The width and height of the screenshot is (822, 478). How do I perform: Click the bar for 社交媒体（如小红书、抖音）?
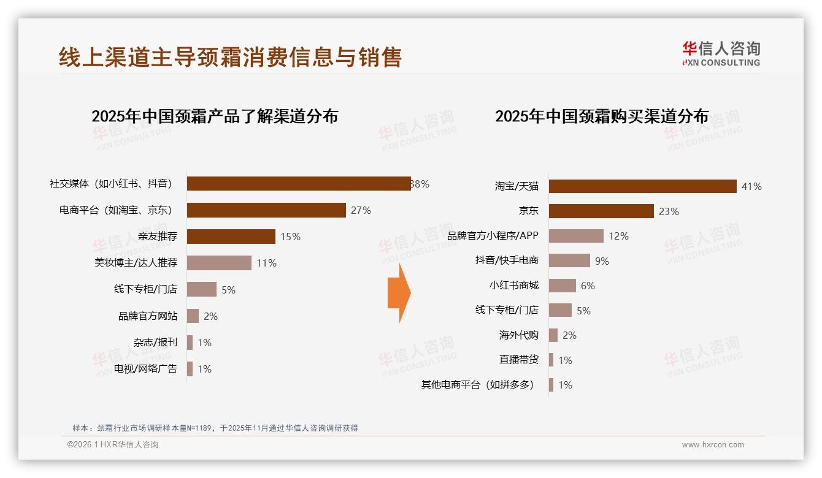(x=299, y=183)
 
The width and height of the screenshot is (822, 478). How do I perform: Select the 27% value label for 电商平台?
(x=361, y=210)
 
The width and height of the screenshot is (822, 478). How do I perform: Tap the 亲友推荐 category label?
(x=158, y=237)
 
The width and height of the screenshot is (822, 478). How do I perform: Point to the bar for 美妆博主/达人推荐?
(x=219, y=263)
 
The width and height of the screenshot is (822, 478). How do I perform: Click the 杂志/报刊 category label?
(x=155, y=342)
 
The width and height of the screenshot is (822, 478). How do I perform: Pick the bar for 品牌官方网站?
(x=193, y=316)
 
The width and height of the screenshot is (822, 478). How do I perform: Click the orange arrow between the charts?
(x=399, y=293)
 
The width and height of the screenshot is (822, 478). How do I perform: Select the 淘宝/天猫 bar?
(x=642, y=186)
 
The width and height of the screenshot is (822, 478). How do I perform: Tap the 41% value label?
(x=751, y=186)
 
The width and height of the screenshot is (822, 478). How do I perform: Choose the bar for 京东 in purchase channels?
(x=601, y=211)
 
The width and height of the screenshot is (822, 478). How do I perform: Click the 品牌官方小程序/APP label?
(x=493, y=236)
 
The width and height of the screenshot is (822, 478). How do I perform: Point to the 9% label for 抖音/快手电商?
(x=602, y=261)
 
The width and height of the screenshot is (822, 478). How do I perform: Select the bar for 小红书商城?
(x=563, y=286)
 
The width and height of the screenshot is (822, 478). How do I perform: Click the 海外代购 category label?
(x=518, y=335)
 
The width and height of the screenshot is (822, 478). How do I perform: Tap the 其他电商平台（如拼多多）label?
(x=477, y=385)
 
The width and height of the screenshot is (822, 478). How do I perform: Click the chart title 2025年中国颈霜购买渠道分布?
(x=602, y=116)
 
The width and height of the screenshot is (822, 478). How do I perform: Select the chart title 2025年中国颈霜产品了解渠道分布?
(x=215, y=116)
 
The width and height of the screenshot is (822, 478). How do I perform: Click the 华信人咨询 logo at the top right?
(x=721, y=53)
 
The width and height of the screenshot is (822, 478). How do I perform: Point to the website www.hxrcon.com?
(x=713, y=445)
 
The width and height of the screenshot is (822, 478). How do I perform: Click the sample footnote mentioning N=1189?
(x=215, y=428)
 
